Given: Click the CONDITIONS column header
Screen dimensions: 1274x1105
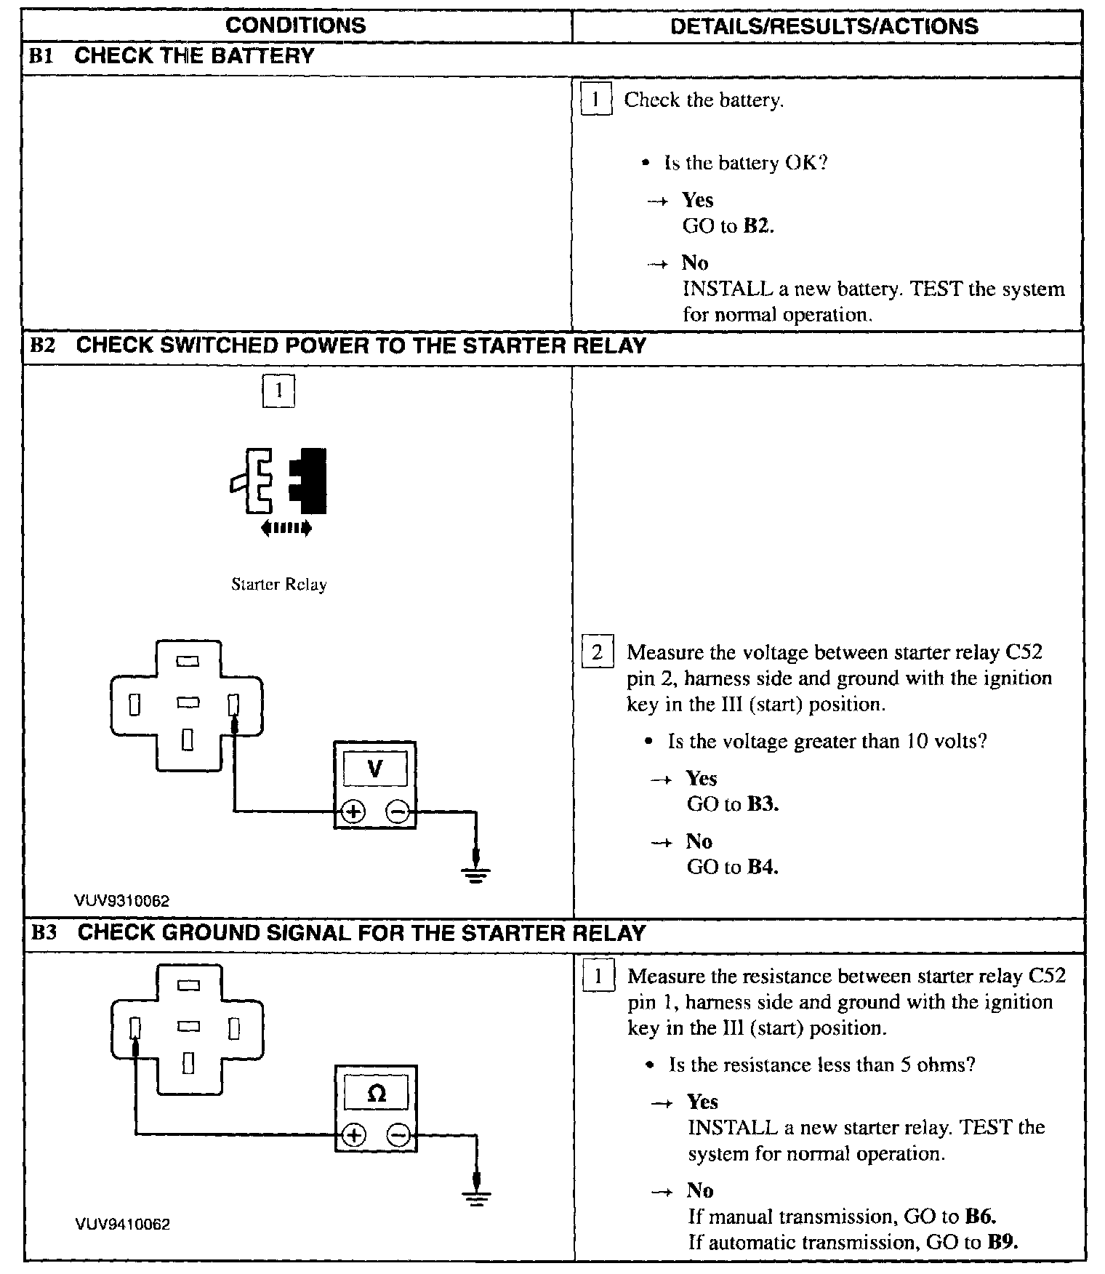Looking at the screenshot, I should click(x=296, y=26).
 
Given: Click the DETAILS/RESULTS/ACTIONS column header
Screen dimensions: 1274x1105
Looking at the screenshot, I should click(x=824, y=27).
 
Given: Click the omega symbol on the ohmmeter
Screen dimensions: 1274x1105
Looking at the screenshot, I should click(x=377, y=1093).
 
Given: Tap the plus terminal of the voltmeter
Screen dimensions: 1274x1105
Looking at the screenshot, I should click(x=353, y=812).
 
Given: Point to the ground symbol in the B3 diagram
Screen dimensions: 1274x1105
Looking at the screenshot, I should click(x=476, y=1196).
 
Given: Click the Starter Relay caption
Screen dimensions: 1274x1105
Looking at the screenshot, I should click(x=279, y=585).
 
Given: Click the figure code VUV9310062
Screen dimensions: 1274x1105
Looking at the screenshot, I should click(x=121, y=901).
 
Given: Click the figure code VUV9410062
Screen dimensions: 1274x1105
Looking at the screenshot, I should click(x=122, y=1225).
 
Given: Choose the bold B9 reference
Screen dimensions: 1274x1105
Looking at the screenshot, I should click(x=1002, y=1242).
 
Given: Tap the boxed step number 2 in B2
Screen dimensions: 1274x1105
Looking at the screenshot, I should click(x=597, y=652).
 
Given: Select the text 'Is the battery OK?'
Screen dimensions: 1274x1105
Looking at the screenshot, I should click(x=746, y=163).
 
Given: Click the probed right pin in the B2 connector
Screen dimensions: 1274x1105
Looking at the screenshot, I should click(x=233, y=705).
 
